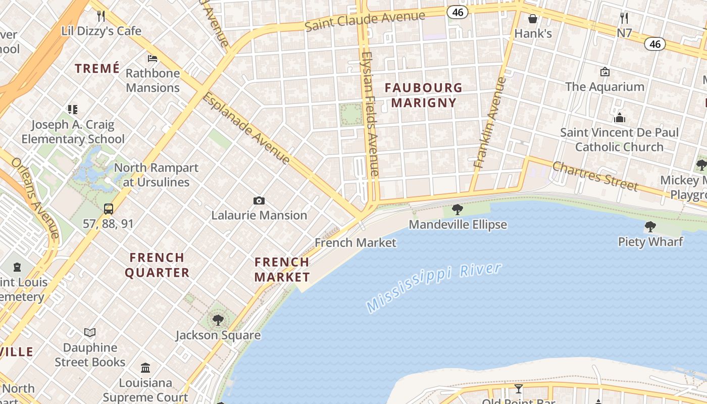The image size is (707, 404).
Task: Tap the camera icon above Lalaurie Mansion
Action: pos(259,200)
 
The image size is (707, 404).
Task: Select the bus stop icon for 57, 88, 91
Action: pos(109,209)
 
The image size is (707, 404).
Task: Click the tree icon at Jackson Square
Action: pos(218,320)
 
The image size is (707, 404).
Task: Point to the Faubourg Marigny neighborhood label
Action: pos(423,95)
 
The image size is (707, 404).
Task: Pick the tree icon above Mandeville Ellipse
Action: pos(458,209)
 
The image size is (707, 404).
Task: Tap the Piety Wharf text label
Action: pos(650,242)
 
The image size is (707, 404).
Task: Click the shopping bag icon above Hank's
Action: pos(533,19)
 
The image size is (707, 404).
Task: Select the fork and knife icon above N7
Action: pos(624,18)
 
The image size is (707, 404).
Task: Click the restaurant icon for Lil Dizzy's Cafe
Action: pos(101,16)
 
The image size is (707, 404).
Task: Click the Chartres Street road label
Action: pos(594,176)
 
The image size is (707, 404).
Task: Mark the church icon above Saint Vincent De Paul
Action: pos(619,118)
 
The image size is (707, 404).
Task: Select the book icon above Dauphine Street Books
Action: pos(90,332)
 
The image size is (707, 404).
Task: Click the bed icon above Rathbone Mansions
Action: pos(153,59)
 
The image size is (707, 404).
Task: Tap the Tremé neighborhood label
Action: pos(97,68)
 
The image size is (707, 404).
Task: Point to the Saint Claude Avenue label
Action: pos(365,21)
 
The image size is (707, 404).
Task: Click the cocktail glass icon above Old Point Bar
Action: pos(518,388)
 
